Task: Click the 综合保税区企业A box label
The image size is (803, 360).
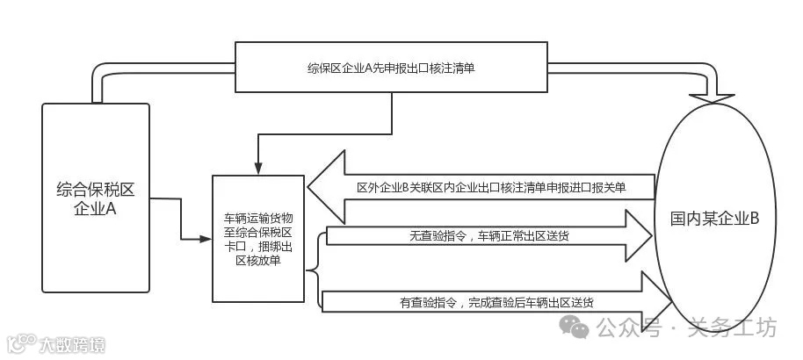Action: click(96, 198)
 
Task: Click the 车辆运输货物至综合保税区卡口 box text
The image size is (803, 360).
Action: click(258, 237)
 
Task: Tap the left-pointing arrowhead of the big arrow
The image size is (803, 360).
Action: click(325, 186)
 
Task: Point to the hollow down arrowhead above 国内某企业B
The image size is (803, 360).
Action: click(718, 94)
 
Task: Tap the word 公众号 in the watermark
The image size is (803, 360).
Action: click(628, 329)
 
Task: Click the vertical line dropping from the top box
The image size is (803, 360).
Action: click(391, 113)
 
